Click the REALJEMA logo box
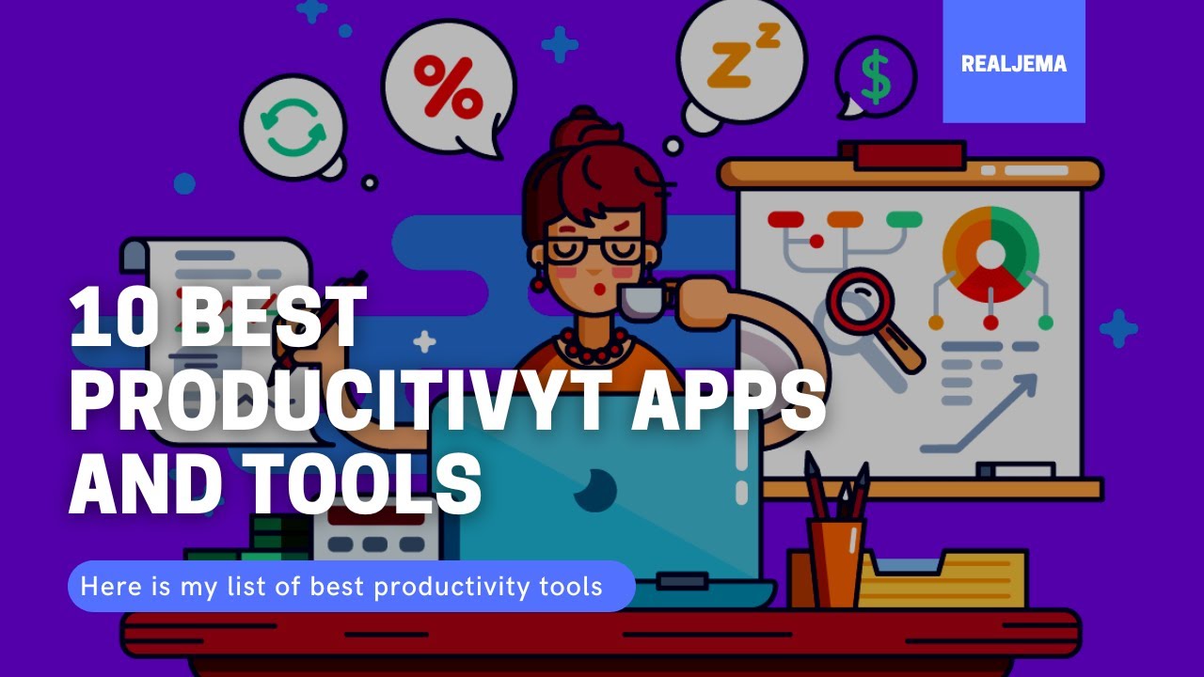[1013, 62]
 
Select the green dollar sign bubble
[876, 77]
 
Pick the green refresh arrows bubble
[293, 127]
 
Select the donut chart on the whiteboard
[990, 252]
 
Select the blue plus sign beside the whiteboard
[1117, 328]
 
